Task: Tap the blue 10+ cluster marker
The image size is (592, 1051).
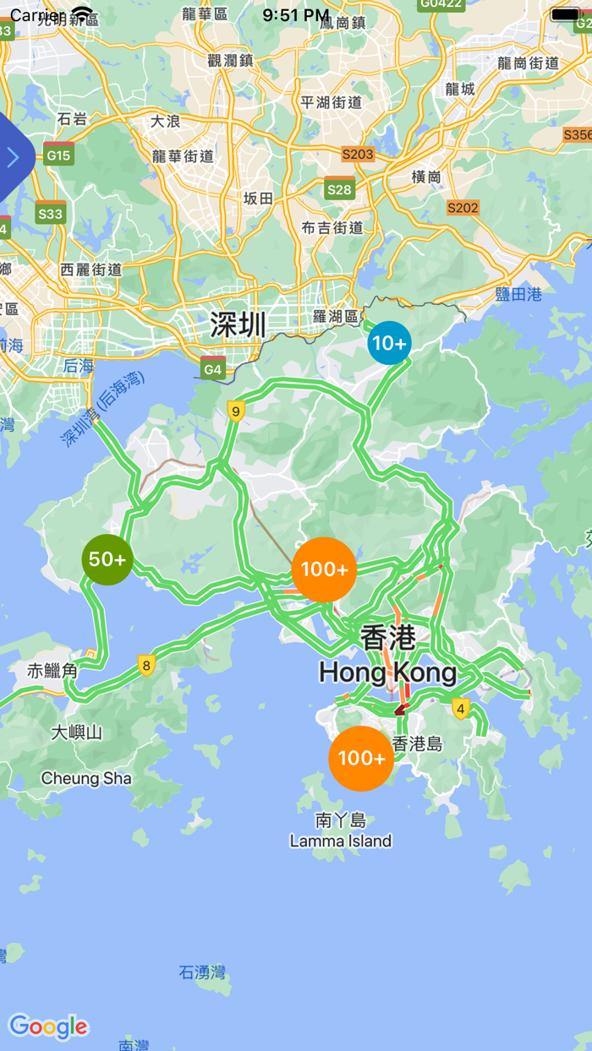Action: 389,343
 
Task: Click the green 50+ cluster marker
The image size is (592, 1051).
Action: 107,559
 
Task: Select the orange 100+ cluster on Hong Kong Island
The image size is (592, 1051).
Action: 361,758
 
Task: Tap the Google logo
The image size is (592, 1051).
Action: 48,1026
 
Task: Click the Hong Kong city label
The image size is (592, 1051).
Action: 388,673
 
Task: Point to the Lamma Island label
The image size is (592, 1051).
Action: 341,841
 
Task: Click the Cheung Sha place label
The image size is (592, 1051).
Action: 86,778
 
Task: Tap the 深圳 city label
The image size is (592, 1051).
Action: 238,324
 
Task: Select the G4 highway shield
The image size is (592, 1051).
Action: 213,368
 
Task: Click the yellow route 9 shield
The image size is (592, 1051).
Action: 236,411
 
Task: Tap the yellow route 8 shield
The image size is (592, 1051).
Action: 146,666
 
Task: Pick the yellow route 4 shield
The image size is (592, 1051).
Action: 460,708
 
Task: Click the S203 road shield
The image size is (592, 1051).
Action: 358,154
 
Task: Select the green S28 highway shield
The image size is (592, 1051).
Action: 339,188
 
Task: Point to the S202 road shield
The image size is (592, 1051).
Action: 463,207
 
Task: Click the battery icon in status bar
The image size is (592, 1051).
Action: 565,14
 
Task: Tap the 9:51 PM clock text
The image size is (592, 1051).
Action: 296,15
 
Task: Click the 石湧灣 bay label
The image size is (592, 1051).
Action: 203,972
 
